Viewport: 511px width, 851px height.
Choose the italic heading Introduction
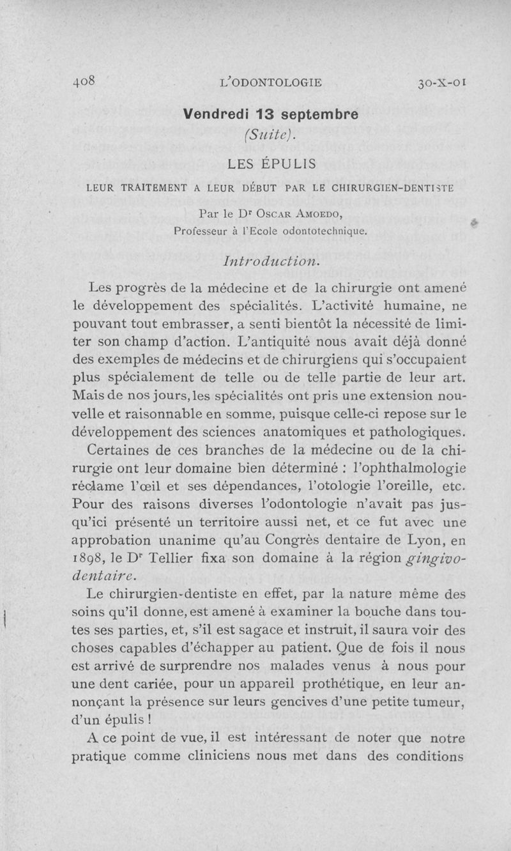pyautogui.click(x=271, y=262)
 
